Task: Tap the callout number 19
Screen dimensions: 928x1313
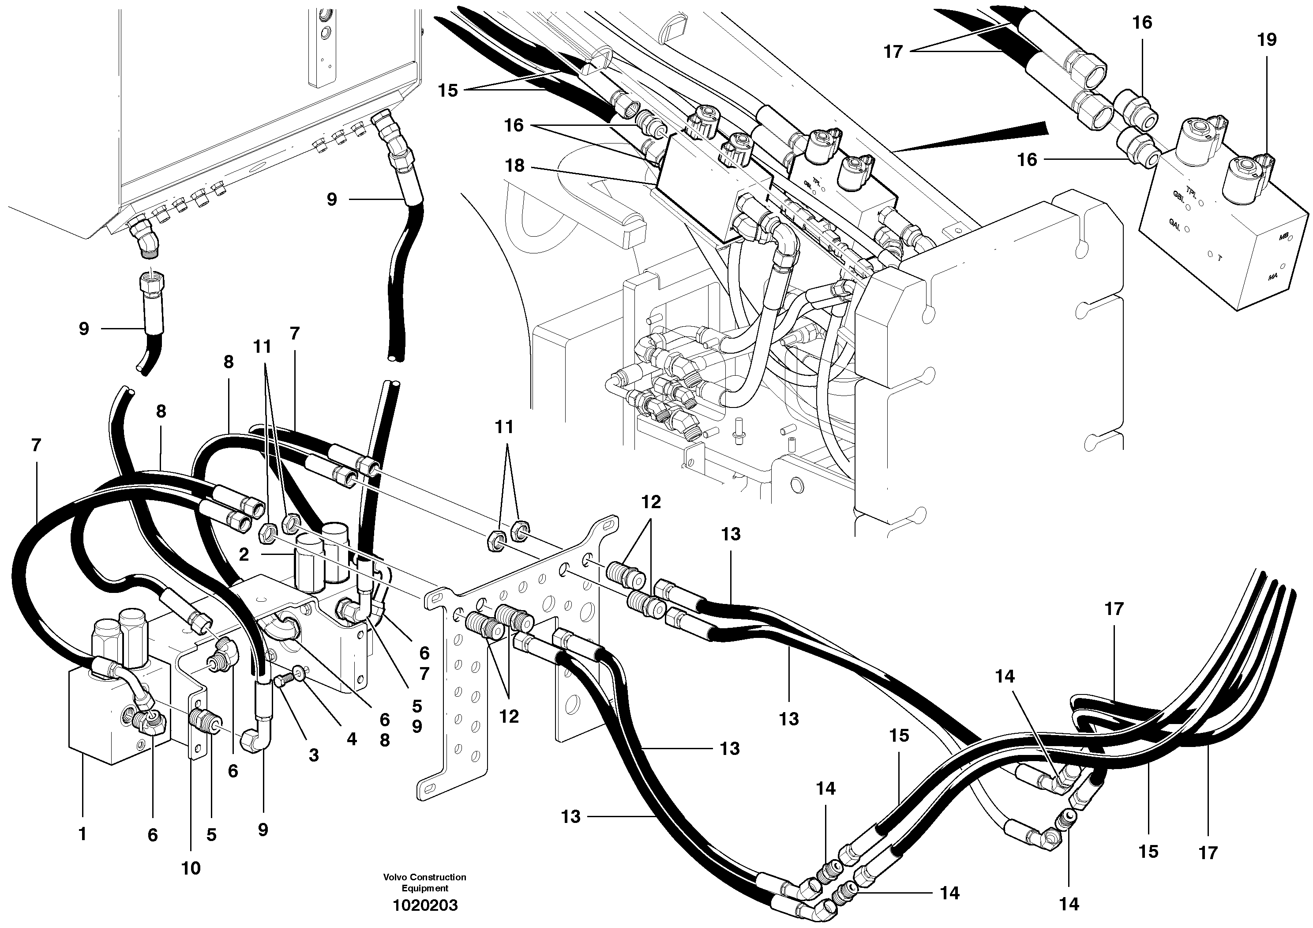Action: pos(1267,40)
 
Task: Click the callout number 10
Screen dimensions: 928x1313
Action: pos(191,868)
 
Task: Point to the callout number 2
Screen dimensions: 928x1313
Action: pos(244,555)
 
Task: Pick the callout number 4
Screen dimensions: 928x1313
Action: pos(351,739)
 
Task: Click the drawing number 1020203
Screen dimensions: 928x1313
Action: pos(425,905)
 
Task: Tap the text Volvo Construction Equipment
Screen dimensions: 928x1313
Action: pos(425,882)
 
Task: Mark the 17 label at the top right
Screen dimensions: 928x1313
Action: pos(893,52)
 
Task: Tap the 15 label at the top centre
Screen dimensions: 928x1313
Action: pos(448,91)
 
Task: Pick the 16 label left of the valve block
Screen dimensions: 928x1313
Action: pos(1027,160)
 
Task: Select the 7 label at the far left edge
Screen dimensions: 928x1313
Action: pos(37,445)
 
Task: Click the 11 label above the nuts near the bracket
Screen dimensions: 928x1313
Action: pos(504,427)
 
